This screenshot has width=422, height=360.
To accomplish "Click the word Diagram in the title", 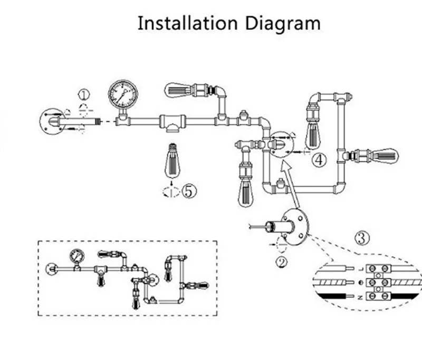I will [x=282, y=24].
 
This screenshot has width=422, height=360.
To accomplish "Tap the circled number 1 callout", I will [x=84, y=94].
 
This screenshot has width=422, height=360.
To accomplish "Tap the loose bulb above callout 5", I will [x=172, y=160].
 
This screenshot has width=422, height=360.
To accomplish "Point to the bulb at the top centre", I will [x=178, y=89].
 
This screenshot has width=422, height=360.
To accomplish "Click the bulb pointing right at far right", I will [x=385, y=155].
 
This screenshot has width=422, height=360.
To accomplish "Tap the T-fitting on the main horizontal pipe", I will [x=172, y=122].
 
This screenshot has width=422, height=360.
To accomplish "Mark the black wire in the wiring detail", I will [x=338, y=297].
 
